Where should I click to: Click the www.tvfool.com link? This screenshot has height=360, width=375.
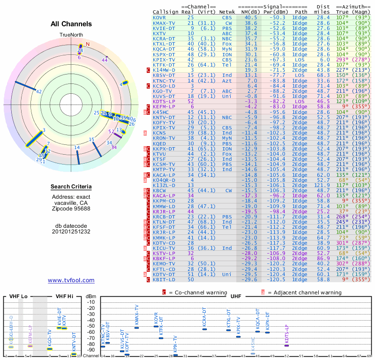coord(71,280)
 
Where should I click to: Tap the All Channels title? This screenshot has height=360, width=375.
coord(70,24)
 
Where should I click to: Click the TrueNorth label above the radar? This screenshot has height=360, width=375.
coord(71,35)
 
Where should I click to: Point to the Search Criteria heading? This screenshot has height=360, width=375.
coord(71,187)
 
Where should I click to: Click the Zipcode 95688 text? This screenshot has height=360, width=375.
coord(71,209)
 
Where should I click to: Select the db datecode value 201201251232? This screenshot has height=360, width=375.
coord(71,232)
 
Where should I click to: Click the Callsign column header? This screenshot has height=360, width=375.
coord(165,12)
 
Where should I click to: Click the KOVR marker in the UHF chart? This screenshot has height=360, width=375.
coord(156,326)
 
